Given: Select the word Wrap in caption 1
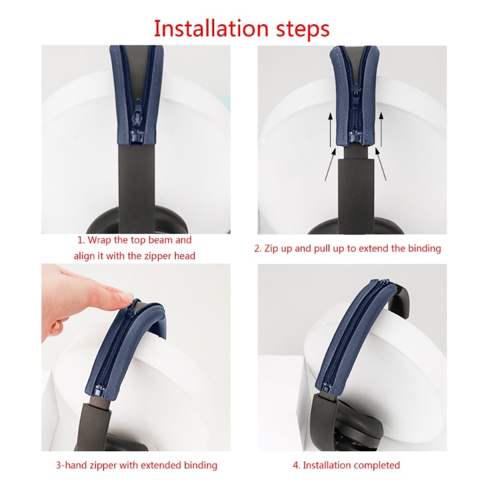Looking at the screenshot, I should [100, 240].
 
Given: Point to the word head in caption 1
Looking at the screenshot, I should [184, 256].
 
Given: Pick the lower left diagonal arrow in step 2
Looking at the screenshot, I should [330, 166].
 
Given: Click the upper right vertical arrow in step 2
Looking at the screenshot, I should [381, 129].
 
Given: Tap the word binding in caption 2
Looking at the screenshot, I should [424, 248].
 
